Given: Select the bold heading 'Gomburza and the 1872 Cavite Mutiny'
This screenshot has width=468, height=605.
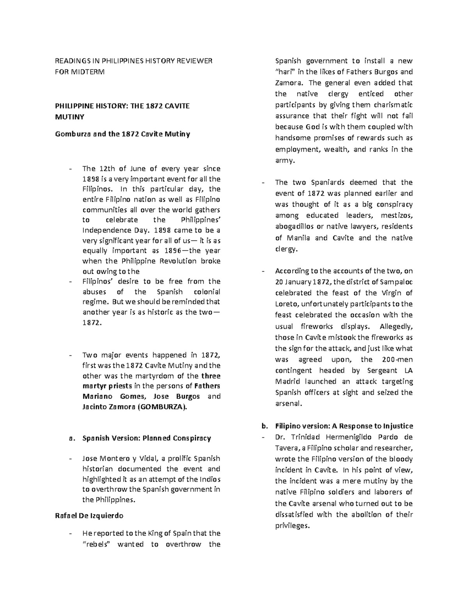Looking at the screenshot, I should [122, 134].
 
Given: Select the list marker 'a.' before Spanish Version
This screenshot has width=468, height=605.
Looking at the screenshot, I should [71, 438].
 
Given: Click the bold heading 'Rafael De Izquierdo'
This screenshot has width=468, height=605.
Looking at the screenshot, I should [89, 515].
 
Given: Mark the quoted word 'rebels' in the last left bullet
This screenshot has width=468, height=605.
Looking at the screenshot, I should [97, 544].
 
